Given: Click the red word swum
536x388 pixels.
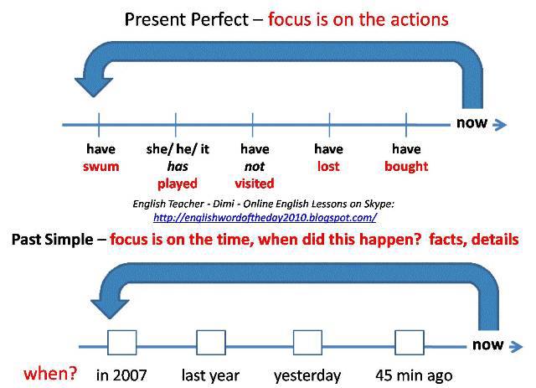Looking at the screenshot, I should tap(100, 166).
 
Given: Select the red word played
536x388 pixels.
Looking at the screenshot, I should tap(177, 183).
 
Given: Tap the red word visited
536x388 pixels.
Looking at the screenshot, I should tap(255, 183).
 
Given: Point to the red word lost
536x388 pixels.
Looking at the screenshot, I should tap(328, 166).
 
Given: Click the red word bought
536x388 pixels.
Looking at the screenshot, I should tap(406, 166).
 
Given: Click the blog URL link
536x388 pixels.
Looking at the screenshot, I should tap(265, 217).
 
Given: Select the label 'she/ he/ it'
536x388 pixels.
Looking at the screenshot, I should tap(178, 149).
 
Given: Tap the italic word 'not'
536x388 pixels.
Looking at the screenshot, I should tap(255, 166).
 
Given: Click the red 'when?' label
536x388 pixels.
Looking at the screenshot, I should tap(49, 372).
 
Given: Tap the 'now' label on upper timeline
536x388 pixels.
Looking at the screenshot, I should tap(472, 124).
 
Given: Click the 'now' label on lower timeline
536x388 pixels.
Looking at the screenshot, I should tap(487, 344).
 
